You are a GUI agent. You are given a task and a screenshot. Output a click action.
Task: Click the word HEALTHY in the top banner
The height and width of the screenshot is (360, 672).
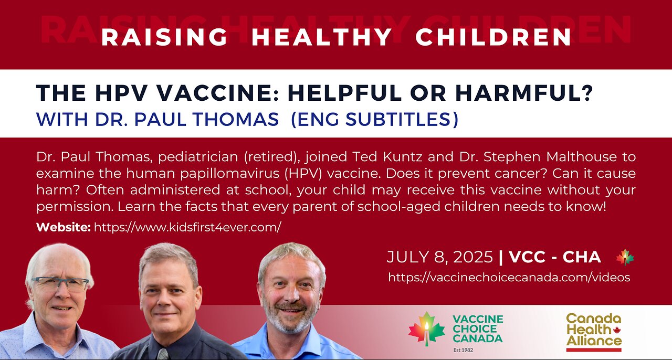(322, 37)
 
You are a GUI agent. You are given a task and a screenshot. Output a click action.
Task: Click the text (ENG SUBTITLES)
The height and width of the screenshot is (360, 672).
(374, 120)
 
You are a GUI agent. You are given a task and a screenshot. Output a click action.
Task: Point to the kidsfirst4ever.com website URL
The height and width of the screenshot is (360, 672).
(187, 227)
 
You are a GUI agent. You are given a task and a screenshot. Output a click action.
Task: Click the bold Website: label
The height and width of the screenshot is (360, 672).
(64, 227)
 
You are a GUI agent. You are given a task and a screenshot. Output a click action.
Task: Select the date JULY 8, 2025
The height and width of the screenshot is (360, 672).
(440, 257)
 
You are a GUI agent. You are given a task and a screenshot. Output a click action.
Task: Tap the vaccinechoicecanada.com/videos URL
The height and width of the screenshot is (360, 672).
(509, 278)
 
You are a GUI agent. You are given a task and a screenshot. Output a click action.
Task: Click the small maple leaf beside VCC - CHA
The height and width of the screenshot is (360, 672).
(625, 257)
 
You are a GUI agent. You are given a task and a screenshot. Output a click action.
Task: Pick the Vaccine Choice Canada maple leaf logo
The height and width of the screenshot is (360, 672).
(426, 329)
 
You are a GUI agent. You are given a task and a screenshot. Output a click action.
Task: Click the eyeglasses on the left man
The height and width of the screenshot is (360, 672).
(59, 284)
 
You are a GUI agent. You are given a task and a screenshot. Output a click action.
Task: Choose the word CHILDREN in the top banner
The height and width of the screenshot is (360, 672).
(493, 37)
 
